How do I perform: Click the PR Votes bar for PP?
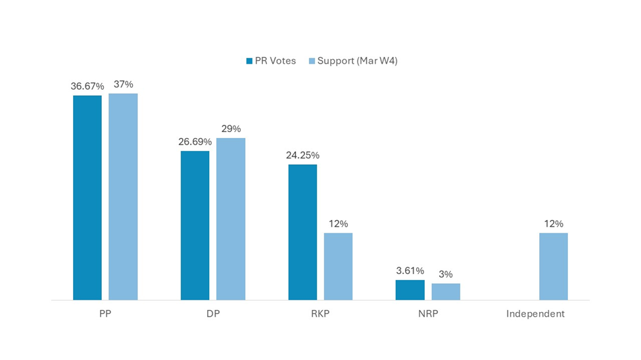coord(87,198)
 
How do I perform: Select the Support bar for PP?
coord(123,196)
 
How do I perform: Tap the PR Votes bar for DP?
coord(195,225)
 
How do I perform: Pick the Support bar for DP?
coord(231,219)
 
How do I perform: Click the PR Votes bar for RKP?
coord(302,232)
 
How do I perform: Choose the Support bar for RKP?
coord(338,266)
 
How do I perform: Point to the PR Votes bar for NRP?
coord(410,290)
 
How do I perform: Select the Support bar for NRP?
coord(446,292)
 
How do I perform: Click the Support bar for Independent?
coord(554,266)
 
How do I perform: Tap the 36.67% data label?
coord(87,86)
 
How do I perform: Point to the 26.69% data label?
coord(195,141)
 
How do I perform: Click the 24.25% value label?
coord(302,155)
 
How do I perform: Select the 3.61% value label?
coord(410,271)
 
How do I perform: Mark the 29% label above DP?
coord(231,129)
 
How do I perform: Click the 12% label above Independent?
coord(554,223)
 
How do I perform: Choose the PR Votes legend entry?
coord(271,60)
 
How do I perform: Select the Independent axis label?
coord(535,314)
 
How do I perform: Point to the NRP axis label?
coord(428,314)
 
